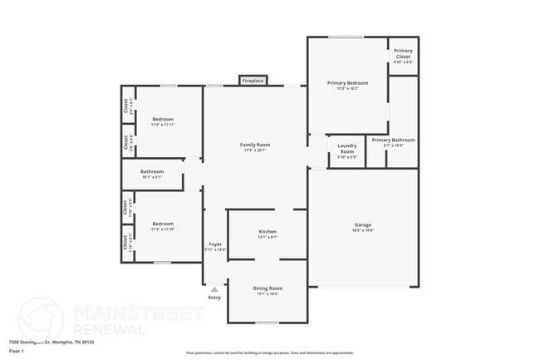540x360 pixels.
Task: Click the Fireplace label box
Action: pyautogui.click(x=253, y=81)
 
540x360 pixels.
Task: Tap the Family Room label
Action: pyautogui.click(x=256, y=145)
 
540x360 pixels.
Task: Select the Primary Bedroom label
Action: pyautogui.click(x=347, y=83)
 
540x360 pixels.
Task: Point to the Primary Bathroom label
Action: pyautogui.click(x=393, y=140)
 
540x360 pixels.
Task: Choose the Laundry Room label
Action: pyautogui.click(x=347, y=149)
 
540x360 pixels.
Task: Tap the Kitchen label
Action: pyautogui.click(x=268, y=231)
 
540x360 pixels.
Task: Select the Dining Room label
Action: pyautogui.click(x=268, y=288)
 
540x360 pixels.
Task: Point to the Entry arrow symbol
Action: pyautogui.click(x=214, y=289)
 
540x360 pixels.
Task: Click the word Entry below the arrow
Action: pyautogui.click(x=214, y=298)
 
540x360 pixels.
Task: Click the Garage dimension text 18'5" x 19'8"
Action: pyautogui.click(x=363, y=229)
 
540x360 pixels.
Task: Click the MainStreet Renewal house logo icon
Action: pyautogui.click(x=40, y=318)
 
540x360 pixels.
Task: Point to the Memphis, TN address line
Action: pyautogui.click(x=52, y=342)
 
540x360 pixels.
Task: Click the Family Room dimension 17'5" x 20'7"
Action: pyautogui.click(x=256, y=150)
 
